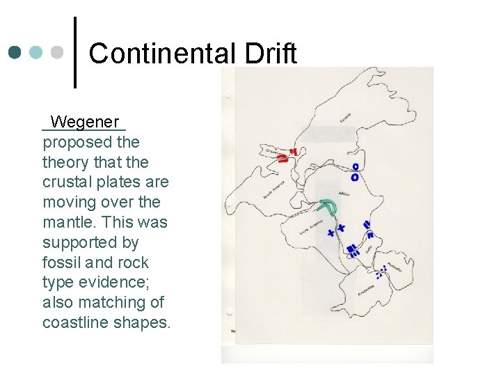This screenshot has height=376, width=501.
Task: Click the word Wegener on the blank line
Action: coord(85,122)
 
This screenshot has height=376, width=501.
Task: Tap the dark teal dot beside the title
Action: coord(15,52)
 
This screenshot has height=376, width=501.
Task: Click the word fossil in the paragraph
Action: coord(61,263)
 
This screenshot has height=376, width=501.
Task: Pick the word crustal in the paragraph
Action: coord(68,182)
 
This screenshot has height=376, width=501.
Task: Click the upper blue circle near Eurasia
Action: coord(355,167)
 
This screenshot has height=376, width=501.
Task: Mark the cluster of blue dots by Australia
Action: coord(381,272)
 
